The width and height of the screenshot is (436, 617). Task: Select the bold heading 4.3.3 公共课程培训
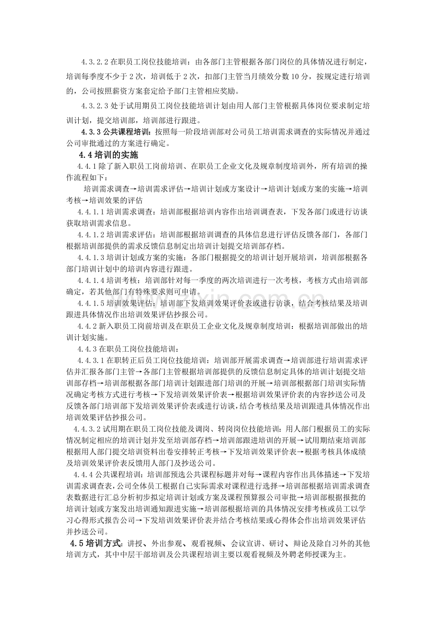point(118,132)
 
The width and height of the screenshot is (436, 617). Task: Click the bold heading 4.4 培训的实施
point(109,154)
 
